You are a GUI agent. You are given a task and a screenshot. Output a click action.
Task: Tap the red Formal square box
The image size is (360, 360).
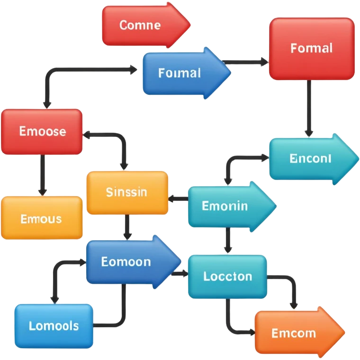(312, 48)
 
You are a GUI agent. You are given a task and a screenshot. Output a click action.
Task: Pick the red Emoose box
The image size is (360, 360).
(42, 131)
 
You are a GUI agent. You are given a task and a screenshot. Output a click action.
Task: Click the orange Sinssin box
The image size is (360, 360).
(127, 192)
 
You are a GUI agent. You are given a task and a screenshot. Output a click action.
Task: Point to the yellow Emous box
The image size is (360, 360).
(42, 218)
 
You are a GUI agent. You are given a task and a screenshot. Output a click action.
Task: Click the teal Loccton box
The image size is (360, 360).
(227, 276)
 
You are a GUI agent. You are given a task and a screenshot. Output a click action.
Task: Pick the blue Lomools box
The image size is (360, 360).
(54, 325)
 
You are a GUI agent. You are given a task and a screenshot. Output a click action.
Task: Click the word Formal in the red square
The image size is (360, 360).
(312, 48)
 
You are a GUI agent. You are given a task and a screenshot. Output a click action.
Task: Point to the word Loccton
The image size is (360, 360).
(227, 276)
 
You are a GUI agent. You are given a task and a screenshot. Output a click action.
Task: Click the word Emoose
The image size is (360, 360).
(43, 131)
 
